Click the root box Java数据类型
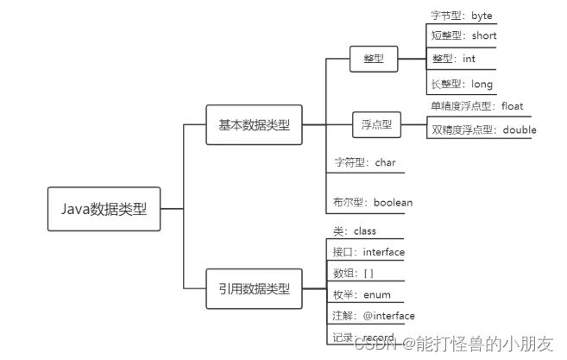coord(103,208)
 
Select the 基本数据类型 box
coord(254,124)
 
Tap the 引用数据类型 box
coord(254,288)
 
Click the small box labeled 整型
coord(373,60)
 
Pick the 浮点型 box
coord(375,124)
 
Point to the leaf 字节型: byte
coord(461,16)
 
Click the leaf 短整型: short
coord(463,36)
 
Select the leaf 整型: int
coord(453,60)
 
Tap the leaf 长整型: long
coord(461,84)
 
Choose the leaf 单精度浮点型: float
coord(476,106)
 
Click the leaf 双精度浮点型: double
coord(482,130)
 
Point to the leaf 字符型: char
coord(363,161)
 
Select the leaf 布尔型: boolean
coord(372,203)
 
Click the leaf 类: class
coord(354,231)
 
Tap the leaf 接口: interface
coord(369,252)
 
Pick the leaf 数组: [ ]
coord(353,273)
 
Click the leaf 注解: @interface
coord(374,316)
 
